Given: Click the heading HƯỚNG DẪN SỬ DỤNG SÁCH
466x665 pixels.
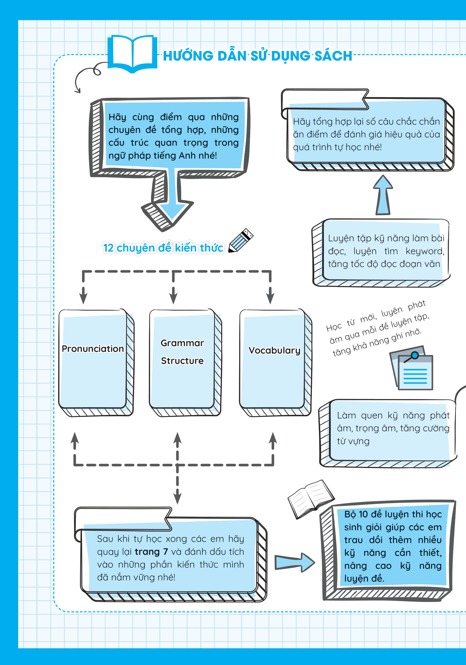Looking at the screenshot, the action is (258, 56).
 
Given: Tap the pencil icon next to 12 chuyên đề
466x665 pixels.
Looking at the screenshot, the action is (241, 241).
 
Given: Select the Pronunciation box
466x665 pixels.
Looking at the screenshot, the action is (96, 362).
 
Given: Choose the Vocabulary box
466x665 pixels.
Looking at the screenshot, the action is (276, 362).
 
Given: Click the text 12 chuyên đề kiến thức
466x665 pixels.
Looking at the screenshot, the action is (163, 248).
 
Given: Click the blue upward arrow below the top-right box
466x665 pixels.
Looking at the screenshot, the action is (383, 195).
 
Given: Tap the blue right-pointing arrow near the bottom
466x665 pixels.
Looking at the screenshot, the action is (295, 562).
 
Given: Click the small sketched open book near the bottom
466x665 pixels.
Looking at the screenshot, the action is (311, 499).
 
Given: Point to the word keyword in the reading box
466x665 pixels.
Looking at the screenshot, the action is (425, 251).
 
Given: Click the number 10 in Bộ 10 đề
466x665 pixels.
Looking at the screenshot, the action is (363, 514).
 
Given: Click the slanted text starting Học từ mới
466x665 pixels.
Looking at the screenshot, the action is (378, 328).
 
